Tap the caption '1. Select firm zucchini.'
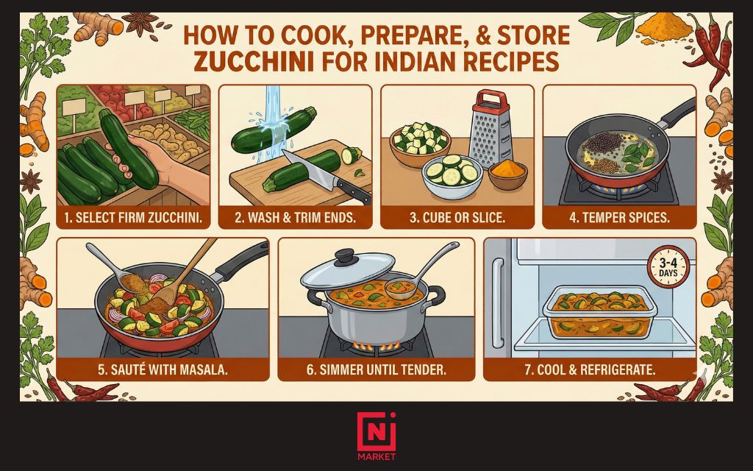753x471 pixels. click(x=133, y=217)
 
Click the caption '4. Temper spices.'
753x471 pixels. click(x=618, y=217)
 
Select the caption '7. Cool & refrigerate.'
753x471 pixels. click(x=589, y=369)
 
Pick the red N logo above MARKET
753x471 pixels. click(x=376, y=431)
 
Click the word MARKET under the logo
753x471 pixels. click(x=376, y=457)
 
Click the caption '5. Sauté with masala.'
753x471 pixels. click(x=163, y=369)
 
